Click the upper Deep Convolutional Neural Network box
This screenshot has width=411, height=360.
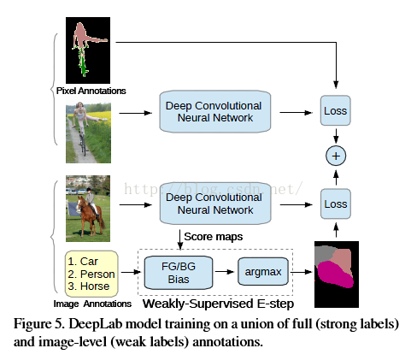point(215,111)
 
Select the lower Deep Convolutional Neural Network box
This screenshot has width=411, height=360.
point(215,204)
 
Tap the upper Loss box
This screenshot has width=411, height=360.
point(336,110)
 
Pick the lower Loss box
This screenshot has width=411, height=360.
point(336,204)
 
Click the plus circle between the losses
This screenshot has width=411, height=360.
point(336,156)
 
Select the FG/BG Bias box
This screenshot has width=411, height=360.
point(179,273)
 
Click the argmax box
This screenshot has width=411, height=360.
point(263,272)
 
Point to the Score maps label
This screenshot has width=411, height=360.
point(214,237)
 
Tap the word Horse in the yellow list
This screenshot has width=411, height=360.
point(95,286)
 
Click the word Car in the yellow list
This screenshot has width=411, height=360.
point(89,262)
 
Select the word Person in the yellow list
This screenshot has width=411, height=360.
point(97,274)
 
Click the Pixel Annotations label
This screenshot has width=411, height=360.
point(91,91)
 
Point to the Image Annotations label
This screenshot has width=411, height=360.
point(92,304)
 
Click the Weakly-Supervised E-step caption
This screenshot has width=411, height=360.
point(218,304)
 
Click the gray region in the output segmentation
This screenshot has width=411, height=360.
point(324,255)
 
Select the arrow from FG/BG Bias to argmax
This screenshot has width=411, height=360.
point(225,272)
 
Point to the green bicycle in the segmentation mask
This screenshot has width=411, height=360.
point(83,62)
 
